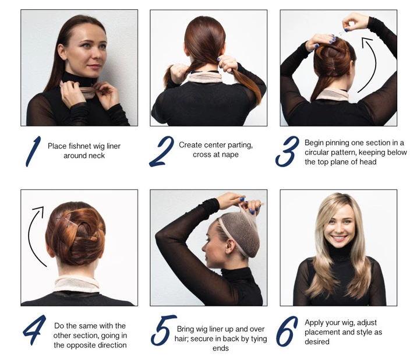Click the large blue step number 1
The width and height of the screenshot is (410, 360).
coord(33,151)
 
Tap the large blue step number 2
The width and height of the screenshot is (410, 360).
coord(161,151)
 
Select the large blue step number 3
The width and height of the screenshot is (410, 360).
coord(287,151)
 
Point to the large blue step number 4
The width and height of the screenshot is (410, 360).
coord(34,330)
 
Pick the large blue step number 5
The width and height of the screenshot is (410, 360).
coord(163,330)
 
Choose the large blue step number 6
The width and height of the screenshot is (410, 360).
coord(287,331)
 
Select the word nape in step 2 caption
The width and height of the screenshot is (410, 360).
coord(231,154)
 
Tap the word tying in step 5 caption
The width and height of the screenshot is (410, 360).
coord(259,339)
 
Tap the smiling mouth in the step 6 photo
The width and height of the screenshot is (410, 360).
coord(338,238)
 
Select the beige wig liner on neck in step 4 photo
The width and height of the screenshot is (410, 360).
coord(77,283)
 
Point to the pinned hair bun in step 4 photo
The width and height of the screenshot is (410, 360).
coord(75,234)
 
